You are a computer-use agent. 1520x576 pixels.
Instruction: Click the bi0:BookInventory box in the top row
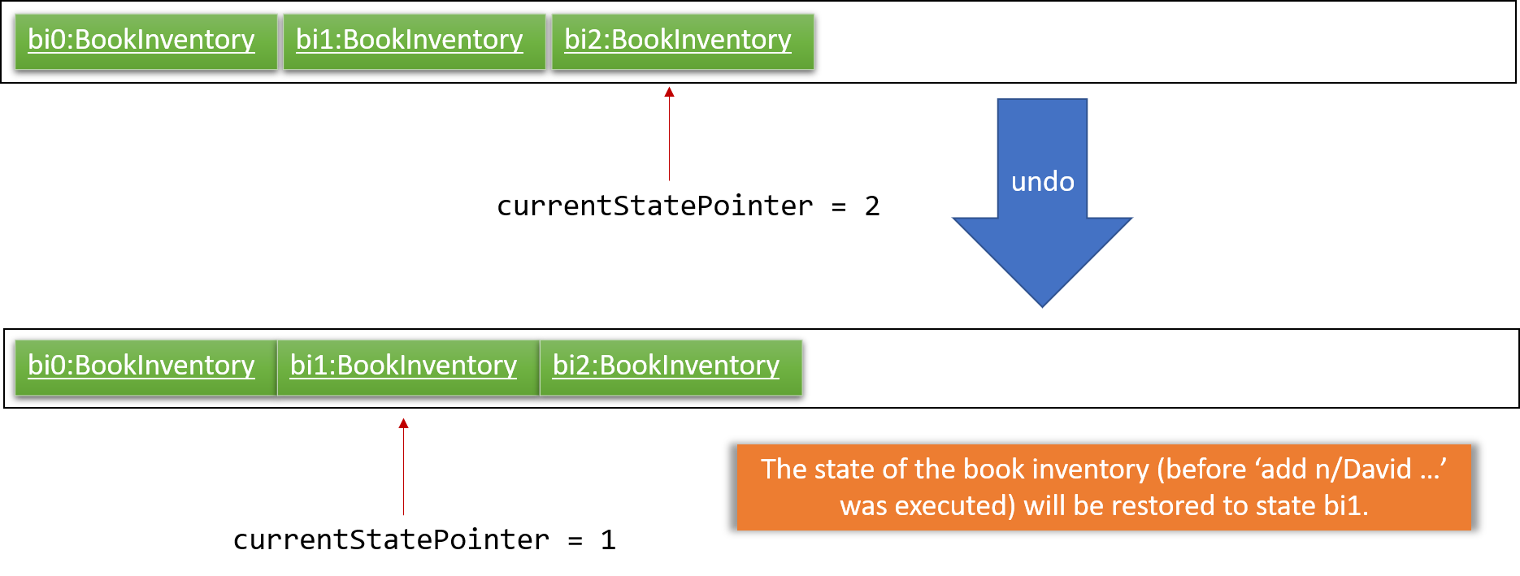point(145,41)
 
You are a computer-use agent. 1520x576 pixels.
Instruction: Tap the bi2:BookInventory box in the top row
point(683,41)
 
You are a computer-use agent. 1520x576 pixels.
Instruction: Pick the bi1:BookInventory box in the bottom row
point(408,367)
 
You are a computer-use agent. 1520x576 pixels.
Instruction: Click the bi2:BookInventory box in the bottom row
point(671,367)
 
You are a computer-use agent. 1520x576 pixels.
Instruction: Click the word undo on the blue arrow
point(1042,181)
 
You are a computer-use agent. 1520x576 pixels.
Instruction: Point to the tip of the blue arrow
point(1042,307)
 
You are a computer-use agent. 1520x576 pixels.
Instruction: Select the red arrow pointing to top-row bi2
point(669,133)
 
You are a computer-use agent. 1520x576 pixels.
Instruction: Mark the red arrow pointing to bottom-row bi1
point(403,466)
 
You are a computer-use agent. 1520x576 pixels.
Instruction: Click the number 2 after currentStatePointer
point(872,206)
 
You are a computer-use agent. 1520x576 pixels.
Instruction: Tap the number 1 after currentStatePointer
point(608,539)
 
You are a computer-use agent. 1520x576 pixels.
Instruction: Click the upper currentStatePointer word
point(655,206)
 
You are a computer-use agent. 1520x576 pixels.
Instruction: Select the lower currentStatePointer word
point(391,539)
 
